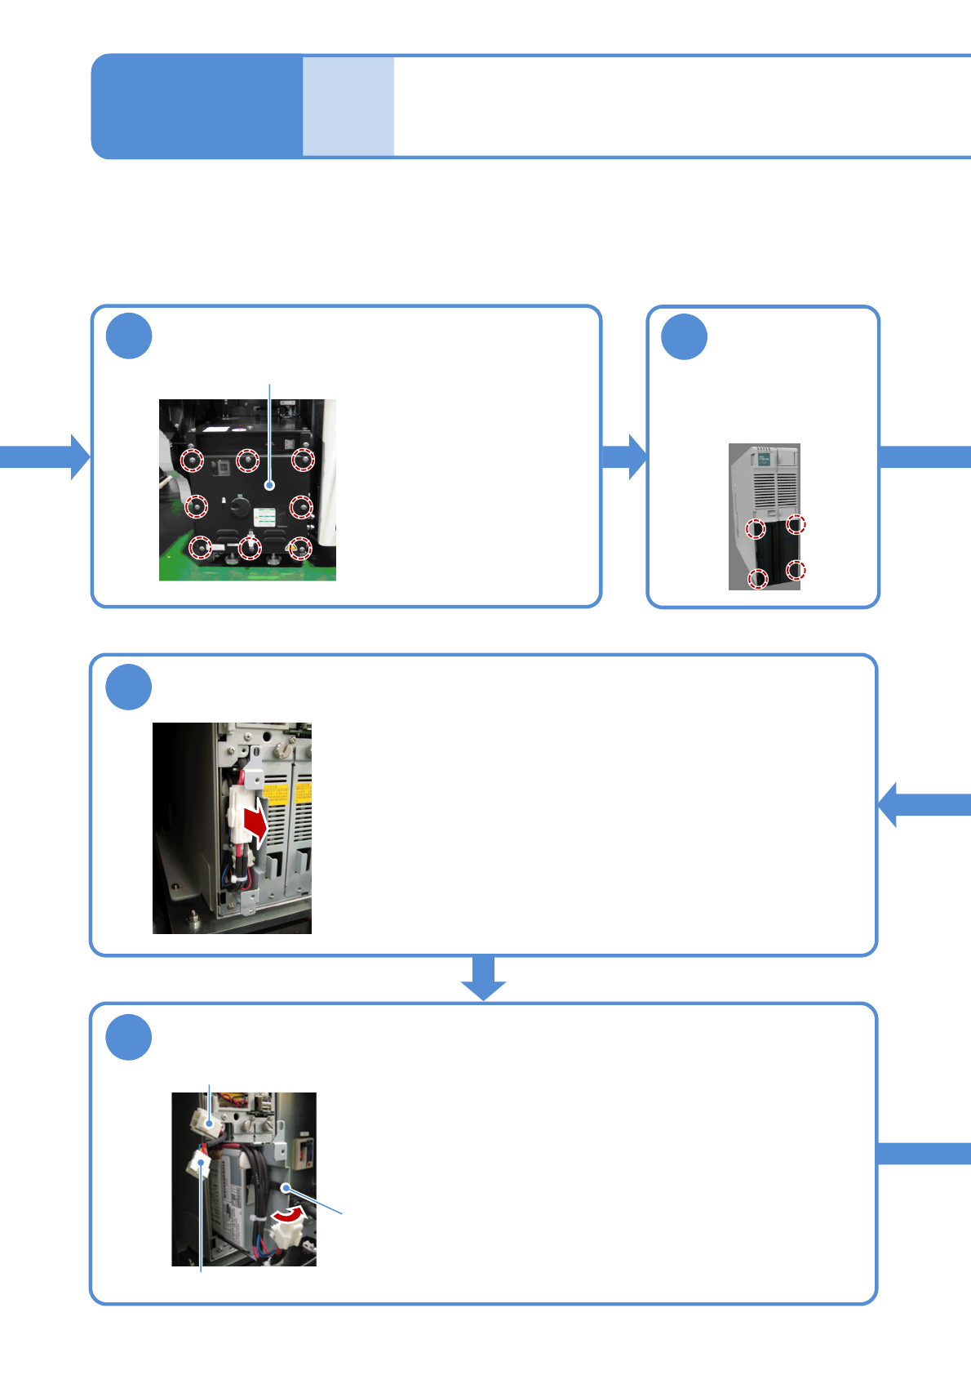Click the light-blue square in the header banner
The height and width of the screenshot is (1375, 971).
pos(348,106)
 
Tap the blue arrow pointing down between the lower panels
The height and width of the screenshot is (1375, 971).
pos(484,977)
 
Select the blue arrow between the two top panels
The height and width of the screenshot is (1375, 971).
pos(624,456)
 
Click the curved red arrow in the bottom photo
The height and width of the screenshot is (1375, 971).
pos(289,1215)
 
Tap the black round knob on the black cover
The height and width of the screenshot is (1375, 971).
pos(240,506)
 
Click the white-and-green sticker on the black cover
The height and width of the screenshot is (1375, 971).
pos(265,519)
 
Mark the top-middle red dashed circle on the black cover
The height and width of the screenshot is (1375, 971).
pos(247,461)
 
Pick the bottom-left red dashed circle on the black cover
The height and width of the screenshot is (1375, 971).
pos(200,547)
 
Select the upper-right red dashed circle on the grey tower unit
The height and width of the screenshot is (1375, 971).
pos(796,524)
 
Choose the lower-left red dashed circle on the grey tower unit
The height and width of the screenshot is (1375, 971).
pos(758,580)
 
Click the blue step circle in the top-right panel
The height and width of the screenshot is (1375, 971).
pos(684,336)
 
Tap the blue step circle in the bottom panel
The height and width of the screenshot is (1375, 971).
pos(129,1037)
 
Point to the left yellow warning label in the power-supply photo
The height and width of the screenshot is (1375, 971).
pos(276,793)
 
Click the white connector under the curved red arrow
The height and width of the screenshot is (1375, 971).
pos(284,1235)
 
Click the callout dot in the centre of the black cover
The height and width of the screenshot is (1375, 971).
pos(270,485)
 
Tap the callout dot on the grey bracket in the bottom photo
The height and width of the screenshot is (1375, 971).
pos(286,1186)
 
